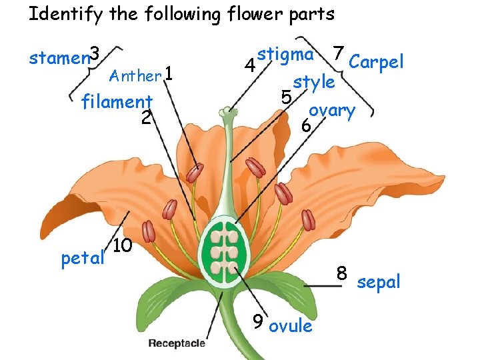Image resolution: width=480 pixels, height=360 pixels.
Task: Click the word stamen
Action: [59, 59]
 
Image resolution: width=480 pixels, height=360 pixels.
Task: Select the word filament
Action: [117, 102]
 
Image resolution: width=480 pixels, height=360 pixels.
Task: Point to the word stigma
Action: [285, 54]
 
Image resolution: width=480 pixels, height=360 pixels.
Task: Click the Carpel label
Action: [376, 62]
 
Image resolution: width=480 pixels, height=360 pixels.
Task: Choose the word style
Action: [313, 82]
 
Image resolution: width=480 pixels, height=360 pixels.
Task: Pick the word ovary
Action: [332, 110]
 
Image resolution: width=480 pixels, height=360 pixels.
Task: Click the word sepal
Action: [379, 282]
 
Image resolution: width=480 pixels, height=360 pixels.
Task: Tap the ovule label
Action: [291, 326]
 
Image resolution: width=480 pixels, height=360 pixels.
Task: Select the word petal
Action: [83, 257]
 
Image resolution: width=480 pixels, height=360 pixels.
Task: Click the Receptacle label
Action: [177, 343]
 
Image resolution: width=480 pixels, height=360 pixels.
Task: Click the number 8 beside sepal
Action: [342, 273]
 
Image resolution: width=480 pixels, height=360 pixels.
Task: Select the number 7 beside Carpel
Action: [339, 52]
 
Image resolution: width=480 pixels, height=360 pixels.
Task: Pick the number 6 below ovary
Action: [305, 125]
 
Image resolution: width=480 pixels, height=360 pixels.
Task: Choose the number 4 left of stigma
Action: [249, 66]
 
